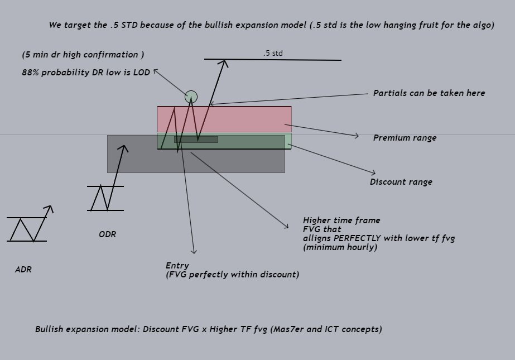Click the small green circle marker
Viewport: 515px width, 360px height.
pos(191,97)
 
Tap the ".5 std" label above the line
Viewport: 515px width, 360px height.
pos(273,53)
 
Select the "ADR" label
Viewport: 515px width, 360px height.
pos(23,270)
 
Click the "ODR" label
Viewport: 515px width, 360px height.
pos(108,234)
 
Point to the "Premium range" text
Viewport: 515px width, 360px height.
pos(405,138)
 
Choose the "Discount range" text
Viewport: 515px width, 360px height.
pos(401,182)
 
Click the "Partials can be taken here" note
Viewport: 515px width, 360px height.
pos(429,93)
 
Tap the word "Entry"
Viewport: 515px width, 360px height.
pos(177,266)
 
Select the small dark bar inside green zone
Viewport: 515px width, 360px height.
pos(196,140)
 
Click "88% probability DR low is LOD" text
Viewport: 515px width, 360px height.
pos(86,73)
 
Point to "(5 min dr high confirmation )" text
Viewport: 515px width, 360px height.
pos(83,55)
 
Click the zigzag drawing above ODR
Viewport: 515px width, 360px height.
pos(105,198)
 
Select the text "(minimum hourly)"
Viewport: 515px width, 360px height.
pos(340,247)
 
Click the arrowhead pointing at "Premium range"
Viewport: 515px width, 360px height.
pos(357,136)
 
